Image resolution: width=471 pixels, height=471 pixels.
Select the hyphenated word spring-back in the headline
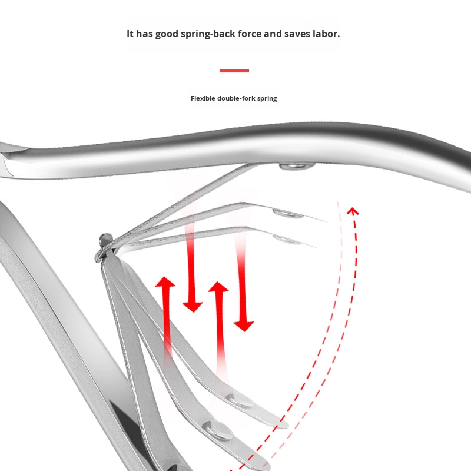coord(211,34)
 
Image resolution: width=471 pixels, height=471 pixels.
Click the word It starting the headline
coord(131,34)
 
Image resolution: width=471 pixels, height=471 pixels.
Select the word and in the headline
coord(273,34)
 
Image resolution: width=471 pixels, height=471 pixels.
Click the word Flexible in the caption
coord(203,98)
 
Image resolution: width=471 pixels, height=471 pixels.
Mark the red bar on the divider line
coord(234,71)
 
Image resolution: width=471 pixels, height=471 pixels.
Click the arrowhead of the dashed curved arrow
coord(353,210)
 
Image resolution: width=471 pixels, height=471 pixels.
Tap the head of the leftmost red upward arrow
coord(165,282)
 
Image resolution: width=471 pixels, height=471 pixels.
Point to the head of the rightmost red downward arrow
coord(244,325)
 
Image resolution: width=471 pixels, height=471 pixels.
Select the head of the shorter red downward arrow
coord(193,306)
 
